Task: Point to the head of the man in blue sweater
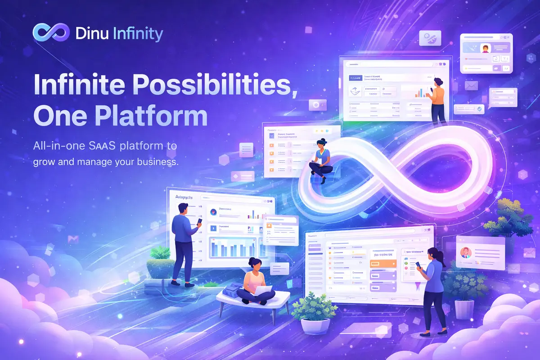[183, 209]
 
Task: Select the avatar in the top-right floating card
[485, 48]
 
